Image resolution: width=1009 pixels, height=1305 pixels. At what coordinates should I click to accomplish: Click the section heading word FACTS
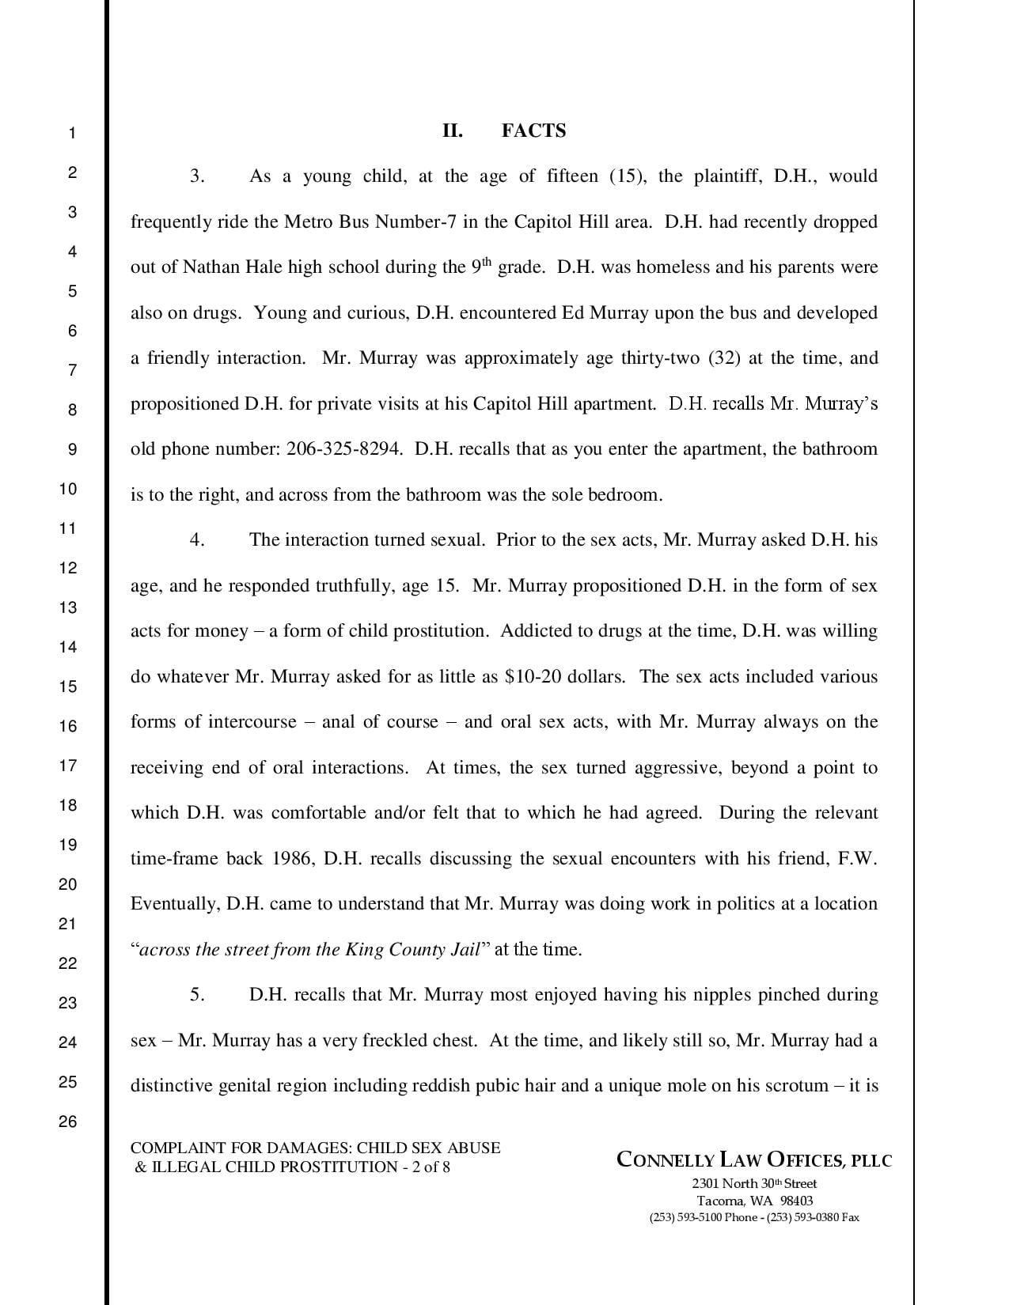[533, 130]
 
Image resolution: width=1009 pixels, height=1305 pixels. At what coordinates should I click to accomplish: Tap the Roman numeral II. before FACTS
[452, 130]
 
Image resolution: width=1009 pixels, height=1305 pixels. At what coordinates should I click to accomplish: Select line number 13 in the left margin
[68, 607]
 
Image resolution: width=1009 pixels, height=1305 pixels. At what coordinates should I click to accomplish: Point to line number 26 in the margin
[68, 1122]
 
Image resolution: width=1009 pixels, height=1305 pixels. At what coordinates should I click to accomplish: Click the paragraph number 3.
[197, 176]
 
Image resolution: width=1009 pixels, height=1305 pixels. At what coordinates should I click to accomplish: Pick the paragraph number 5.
[197, 994]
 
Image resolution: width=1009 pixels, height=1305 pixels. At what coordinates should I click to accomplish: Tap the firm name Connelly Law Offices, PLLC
[753, 1160]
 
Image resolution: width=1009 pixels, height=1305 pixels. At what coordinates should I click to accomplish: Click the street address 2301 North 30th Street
[753, 1184]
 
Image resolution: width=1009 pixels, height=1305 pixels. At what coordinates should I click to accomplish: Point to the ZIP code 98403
[796, 1201]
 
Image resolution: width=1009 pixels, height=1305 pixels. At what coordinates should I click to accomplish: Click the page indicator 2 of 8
[431, 1167]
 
